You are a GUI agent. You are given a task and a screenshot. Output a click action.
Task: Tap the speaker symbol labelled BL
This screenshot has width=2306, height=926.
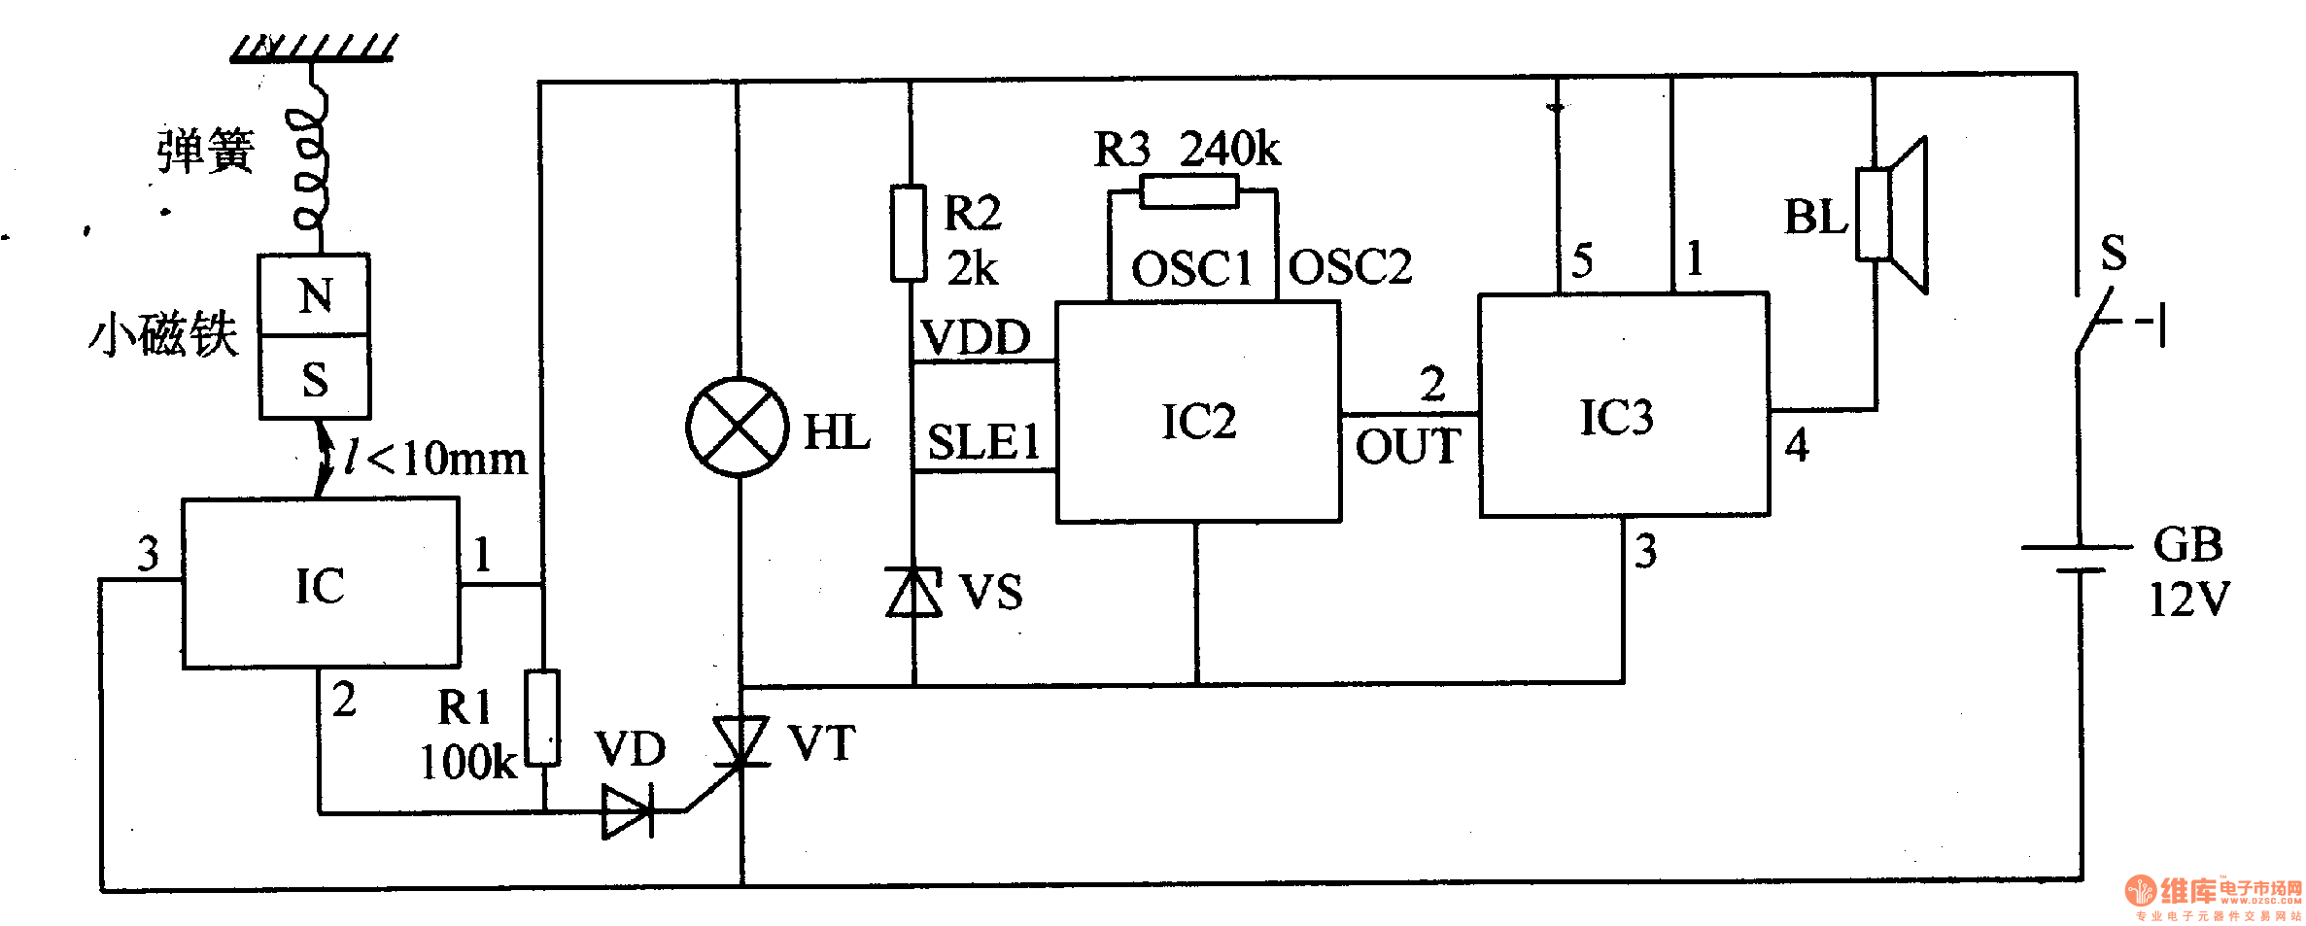tap(1891, 215)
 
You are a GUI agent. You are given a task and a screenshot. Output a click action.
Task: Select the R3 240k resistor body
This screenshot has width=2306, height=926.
tap(1189, 190)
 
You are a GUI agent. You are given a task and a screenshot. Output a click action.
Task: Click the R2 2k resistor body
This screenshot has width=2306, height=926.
tap(909, 233)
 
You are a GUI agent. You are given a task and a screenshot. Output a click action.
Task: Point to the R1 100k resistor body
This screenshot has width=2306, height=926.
tap(542, 717)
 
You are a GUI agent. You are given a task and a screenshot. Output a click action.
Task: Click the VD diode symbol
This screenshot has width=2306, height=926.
tap(628, 811)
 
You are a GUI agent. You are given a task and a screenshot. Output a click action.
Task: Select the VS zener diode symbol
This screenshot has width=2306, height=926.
tap(913, 592)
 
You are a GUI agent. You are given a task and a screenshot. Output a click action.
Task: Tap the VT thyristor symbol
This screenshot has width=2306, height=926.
tap(740, 743)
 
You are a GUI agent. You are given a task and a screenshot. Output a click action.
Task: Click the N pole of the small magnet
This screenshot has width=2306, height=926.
tap(314, 295)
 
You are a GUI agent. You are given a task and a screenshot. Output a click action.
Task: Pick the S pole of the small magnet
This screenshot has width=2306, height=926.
tap(314, 377)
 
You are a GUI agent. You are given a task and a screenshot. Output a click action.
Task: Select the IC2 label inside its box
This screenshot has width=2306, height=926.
tap(1199, 422)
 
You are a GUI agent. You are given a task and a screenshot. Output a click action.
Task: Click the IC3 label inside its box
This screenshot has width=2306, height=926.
tap(1616, 418)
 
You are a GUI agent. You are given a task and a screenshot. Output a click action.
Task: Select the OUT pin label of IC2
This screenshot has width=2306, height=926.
tap(1408, 447)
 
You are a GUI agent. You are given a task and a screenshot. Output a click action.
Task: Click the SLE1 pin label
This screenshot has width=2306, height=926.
tap(983, 442)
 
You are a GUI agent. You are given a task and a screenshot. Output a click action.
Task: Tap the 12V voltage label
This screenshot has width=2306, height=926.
tap(2189, 600)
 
